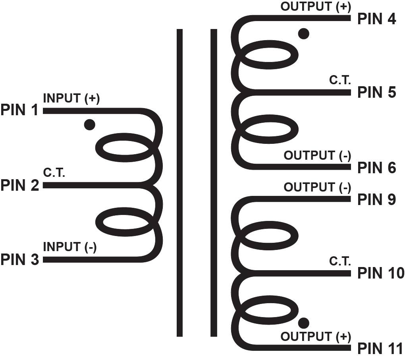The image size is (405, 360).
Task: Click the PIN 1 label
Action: click(x=20, y=110)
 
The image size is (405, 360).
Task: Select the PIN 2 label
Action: click(x=20, y=185)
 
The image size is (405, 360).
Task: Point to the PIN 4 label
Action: click(x=377, y=19)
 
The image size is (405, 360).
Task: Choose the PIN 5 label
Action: click(x=377, y=93)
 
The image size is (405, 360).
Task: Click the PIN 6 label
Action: click(x=377, y=168)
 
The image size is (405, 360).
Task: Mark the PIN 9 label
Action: click(x=377, y=199)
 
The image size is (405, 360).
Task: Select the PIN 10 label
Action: click(x=380, y=273)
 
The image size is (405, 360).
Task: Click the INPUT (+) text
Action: click(x=71, y=99)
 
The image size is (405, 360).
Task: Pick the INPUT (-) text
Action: click(x=69, y=247)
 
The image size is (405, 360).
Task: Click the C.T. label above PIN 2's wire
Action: click(x=54, y=173)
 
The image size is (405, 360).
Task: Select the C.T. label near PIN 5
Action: click(x=340, y=80)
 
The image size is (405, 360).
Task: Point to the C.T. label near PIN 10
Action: click(x=340, y=261)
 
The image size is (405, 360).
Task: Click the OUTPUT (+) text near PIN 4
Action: click(x=316, y=7)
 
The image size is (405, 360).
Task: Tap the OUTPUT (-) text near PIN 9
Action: click(x=317, y=187)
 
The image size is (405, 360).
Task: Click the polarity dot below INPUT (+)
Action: click(x=90, y=125)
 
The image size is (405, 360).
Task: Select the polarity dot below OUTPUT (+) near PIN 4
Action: click(x=303, y=34)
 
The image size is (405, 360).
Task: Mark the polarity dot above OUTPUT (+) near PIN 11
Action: click(x=304, y=322)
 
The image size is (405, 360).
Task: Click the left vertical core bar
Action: click(x=179, y=183)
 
